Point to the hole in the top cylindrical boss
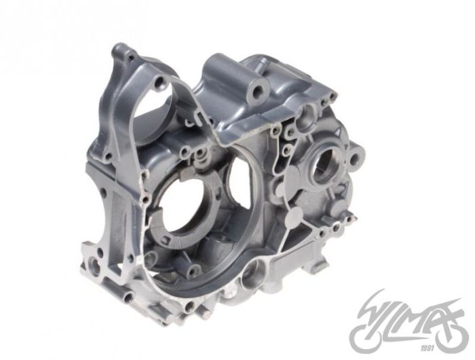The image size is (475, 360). click(x=259, y=90)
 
